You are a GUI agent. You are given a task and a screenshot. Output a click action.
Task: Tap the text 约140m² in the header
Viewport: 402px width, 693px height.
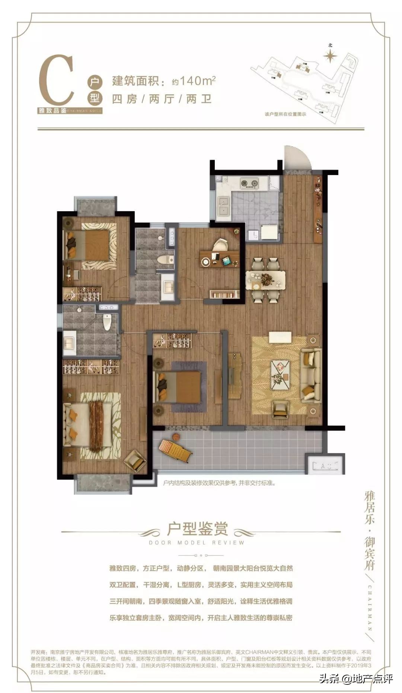point(194,80)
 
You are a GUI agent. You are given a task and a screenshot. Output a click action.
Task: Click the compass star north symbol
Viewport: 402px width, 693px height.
point(330,56)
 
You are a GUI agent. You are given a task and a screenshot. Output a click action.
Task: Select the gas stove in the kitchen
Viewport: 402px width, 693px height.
point(249,183)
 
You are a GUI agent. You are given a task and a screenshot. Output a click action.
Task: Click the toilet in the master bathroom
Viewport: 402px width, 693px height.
point(107,322)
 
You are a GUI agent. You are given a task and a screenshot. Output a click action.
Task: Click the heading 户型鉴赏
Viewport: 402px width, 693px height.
point(197,528)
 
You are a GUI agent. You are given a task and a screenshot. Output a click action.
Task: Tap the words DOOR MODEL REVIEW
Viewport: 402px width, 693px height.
point(197,542)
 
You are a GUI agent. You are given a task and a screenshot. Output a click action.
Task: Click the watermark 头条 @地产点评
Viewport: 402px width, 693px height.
point(355,679)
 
